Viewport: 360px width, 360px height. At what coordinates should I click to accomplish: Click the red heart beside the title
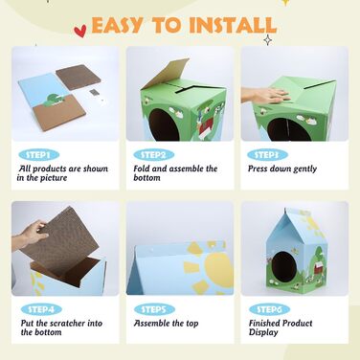click(79, 31)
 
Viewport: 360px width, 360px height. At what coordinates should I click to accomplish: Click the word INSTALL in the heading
click(233, 25)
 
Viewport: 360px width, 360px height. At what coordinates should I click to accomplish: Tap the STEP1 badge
click(39, 155)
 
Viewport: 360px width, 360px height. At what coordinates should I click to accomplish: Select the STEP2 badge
click(154, 155)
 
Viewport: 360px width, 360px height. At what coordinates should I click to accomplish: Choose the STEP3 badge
click(267, 155)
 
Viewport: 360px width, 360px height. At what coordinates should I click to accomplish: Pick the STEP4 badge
click(41, 309)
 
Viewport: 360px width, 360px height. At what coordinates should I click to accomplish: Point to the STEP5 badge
click(154, 309)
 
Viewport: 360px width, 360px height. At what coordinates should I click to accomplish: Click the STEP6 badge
click(269, 309)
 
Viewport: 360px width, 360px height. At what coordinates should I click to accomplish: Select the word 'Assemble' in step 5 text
click(152, 323)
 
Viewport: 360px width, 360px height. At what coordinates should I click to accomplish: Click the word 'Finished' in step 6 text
click(267, 323)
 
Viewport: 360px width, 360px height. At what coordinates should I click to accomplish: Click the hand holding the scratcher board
click(30, 236)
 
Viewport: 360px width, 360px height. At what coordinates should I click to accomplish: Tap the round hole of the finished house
click(284, 267)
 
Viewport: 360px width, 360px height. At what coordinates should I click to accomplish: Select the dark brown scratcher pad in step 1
click(79, 77)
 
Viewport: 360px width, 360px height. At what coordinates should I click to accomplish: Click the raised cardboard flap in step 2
click(166, 74)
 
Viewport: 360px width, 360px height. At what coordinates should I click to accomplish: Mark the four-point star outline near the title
click(268, 40)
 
